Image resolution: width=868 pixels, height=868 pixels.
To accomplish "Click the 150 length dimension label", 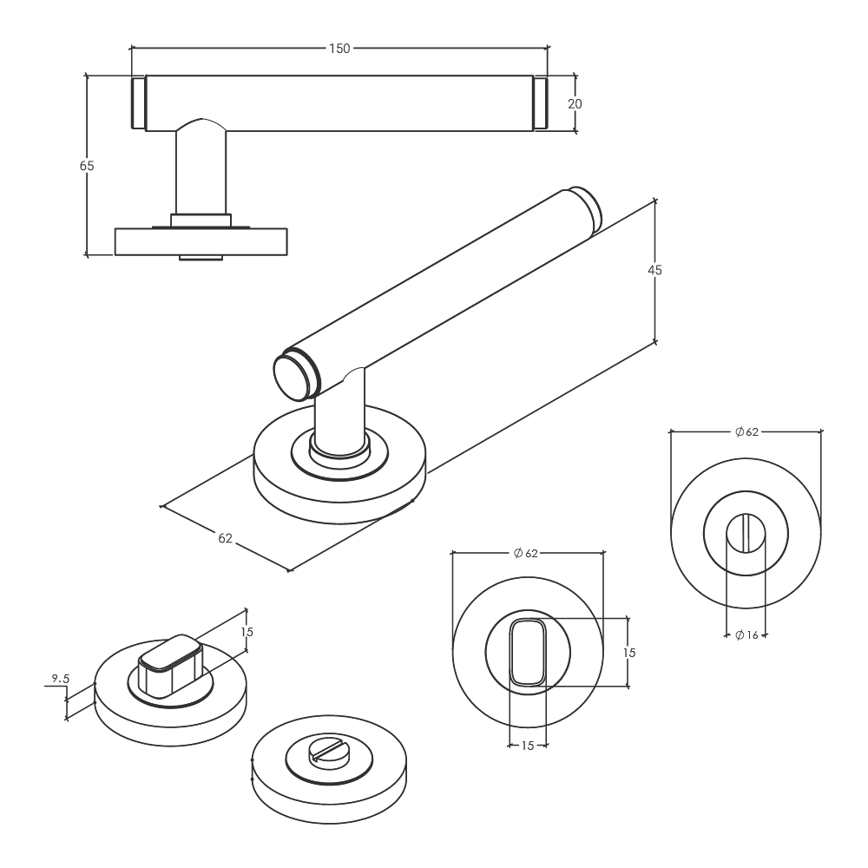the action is coord(339,49).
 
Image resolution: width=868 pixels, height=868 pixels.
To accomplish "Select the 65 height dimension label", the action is coord(87,166).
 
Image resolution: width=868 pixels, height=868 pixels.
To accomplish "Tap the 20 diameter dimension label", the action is coord(575,103).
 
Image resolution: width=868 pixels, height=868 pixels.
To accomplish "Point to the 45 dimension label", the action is coord(654,270).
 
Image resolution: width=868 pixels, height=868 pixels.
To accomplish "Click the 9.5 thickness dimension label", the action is coord(61,678).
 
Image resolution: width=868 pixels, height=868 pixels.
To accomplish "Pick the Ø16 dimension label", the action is coord(746,635).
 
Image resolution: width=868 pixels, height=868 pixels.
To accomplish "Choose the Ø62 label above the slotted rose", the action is coord(746,431).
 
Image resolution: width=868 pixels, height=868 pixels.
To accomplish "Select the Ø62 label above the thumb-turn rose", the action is coord(526,553).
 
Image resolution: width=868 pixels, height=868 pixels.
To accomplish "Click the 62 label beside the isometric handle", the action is coord(226,538).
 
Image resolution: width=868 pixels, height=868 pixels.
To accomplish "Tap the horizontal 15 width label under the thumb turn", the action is coord(528,746).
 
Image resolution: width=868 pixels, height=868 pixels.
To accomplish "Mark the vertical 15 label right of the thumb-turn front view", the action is coord(628,653).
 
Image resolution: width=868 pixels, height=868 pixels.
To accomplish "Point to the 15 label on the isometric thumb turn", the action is coord(247,632).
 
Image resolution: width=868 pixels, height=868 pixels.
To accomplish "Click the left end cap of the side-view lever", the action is coord(138,103).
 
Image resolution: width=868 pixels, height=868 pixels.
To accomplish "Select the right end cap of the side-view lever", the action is coord(541,103).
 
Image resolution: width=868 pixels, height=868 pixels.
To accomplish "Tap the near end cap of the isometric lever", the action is coord(296,375).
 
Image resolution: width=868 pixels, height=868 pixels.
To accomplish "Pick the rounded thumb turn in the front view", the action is coord(528,653).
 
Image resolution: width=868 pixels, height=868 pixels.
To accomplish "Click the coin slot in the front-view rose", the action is coord(746,533).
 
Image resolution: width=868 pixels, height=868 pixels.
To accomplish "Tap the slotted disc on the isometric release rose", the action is coord(329,755).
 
